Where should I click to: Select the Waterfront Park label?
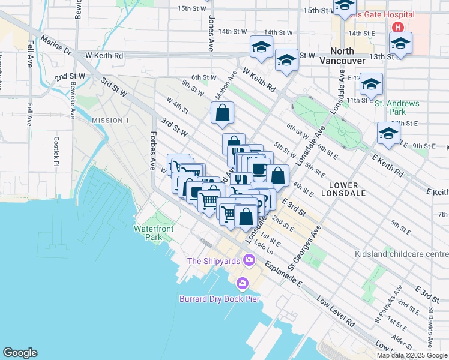(154, 233)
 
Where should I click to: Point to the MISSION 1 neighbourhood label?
(110, 121)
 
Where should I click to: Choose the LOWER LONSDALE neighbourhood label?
(339, 190)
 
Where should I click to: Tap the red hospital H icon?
(397, 27)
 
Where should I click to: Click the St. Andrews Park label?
(397, 107)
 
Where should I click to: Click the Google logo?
(20, 353)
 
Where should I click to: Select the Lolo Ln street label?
(263, 246)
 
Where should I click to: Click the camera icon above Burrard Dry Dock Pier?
(243, 283)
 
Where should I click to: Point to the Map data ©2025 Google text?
(412, 355)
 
